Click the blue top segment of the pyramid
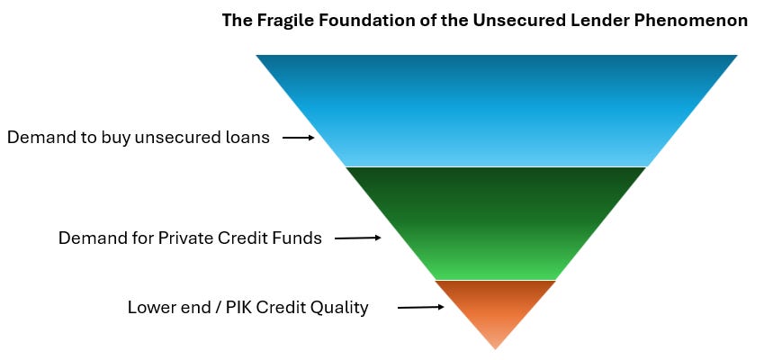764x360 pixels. (x=496, y=110)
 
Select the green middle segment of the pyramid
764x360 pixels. (x=496, y=222)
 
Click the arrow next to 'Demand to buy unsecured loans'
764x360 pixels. (x=298, y=138)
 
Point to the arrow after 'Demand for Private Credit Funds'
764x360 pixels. (x=357, y=238)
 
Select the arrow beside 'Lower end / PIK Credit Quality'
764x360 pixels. (x=420, y=307)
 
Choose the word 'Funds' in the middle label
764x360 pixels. (x=298, y=238)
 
